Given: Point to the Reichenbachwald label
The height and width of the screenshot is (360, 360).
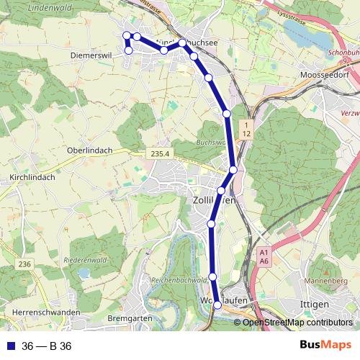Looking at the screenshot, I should point(179,279).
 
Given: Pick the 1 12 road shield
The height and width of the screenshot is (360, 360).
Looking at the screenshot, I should point(246,130).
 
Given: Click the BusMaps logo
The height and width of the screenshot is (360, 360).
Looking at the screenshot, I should point(325,346).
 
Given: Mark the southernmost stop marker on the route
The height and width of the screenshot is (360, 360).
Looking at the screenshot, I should point(218,307).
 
